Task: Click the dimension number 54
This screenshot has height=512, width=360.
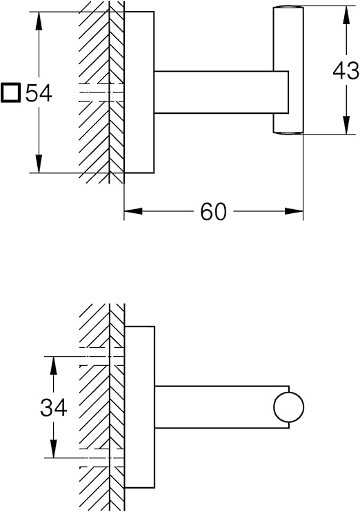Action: (39, 93)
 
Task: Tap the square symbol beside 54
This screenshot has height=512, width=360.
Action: (11, 93)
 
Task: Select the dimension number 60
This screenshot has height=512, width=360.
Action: (213, 212)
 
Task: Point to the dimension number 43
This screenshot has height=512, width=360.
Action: (346, 71)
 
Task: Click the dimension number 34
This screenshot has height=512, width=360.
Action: (54, 408)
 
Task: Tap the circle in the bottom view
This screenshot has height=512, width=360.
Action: (288, 407)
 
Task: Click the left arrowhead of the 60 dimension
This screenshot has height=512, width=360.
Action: (133, 211)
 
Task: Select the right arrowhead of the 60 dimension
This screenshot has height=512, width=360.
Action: (294, 211)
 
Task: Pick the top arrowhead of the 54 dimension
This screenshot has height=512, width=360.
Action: (39, 21)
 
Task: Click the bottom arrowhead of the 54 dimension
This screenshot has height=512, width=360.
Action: (39, 164)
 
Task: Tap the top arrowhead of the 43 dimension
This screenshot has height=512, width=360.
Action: (346, 14)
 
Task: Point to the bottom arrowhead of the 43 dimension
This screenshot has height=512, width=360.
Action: (346, 125)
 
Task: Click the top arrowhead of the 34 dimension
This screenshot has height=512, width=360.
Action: (54, 366)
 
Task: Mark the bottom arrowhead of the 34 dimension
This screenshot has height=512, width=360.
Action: (54, 449)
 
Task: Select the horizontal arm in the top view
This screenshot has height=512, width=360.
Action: (221, 92)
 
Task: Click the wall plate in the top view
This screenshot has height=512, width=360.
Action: (139, 92)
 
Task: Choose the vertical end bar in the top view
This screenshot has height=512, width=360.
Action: (288, 70)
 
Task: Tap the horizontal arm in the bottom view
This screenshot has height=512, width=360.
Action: (221, 407)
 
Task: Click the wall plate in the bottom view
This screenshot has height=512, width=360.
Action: (140, 407)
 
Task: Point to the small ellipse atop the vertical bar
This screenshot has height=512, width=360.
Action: (288, 7)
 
